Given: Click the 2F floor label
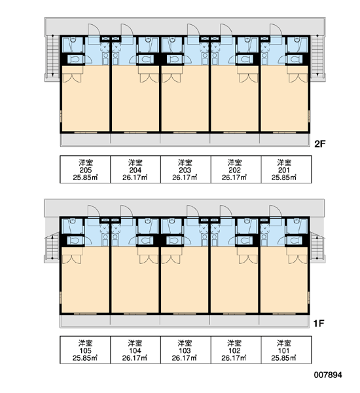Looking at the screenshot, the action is tap(319, 144).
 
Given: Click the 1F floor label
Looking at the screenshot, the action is tap(319, 324).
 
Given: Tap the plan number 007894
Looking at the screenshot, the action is tap(328, 375).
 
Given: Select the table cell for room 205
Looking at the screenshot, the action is tap(85, 170).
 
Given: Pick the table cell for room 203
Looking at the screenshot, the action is tap(185, 170).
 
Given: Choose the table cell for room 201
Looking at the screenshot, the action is tap(286, 170).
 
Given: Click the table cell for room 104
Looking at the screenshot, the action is tap(135, 350).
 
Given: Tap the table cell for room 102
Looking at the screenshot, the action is tap(236, 350).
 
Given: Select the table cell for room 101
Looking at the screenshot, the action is tap(286, 350).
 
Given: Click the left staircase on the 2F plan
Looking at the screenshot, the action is tap(52, 56).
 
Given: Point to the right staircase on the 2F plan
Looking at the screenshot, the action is tap(317, 56).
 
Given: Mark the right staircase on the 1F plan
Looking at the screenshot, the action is tap(317, 246).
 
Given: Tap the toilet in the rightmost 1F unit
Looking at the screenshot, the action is tap(295, 240).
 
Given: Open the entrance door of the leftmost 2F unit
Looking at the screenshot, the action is tap(94, 31).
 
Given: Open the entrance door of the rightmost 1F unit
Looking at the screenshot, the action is tap(276, 212).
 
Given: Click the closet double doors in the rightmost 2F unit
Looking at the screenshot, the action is tap(298, 78).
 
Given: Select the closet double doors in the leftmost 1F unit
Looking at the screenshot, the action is tap(71, 259).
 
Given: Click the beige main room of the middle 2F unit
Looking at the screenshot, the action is tap(185, 103).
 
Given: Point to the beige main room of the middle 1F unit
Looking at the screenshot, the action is tap(185, 284).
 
